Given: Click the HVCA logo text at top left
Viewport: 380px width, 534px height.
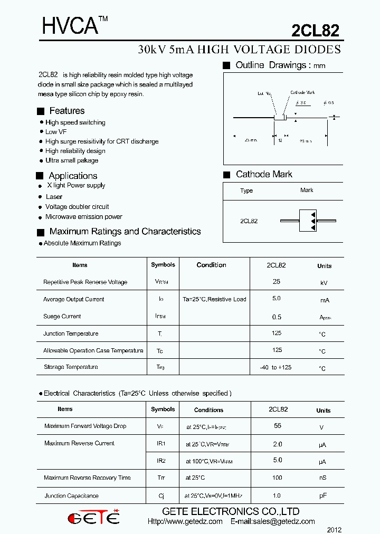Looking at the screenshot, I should coord(70,26).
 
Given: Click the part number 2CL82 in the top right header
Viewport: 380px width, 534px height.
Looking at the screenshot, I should coord(315,31).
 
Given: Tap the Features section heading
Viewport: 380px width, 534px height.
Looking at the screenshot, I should coord(66,111).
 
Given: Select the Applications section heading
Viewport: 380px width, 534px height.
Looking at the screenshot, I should coord(73,176).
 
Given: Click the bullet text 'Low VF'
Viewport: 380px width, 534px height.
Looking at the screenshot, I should coord(56,132).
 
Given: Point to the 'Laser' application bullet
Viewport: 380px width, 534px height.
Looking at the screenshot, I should coord(54,197).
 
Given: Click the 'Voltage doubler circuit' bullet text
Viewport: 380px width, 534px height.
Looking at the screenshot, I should coord(77,207).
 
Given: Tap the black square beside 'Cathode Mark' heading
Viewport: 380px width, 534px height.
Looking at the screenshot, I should coord(227,175).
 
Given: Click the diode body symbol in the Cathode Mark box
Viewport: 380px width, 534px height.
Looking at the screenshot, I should coord(307,221).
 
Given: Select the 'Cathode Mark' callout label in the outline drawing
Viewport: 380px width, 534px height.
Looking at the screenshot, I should coord(302,93).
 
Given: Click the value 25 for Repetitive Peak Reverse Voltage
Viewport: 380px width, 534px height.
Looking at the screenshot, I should coord(277,282).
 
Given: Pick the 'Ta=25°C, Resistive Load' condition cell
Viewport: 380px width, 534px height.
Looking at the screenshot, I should coord(214,299).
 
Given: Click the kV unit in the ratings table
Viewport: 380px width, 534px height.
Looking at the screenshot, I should coord(324,283).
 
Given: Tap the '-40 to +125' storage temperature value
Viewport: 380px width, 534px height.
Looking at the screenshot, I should coord(275,367).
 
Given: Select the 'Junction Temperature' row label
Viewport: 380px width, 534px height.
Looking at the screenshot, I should coord(71,333).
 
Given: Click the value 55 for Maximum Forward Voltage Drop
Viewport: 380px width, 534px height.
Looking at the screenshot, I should coord(278,425).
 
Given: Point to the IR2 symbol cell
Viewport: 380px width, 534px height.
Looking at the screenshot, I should coord(161,461).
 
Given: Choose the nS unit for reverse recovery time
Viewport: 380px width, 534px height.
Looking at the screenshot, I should coord(323,479).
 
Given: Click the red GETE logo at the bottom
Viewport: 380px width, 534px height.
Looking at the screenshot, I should coord(94,518).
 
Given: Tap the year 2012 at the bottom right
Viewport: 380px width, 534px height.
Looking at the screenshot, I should coord(334,529).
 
